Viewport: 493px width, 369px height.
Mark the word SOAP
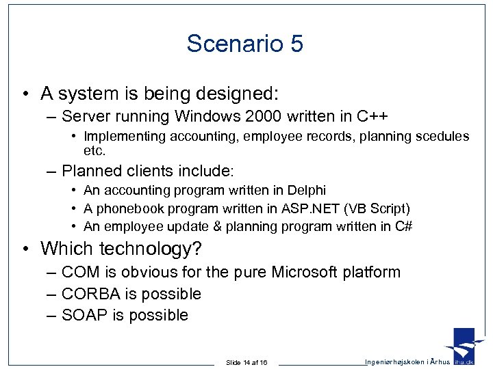81,315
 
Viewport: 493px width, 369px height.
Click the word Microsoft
305,273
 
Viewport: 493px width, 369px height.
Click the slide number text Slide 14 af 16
247,361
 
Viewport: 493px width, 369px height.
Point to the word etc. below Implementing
95,149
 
